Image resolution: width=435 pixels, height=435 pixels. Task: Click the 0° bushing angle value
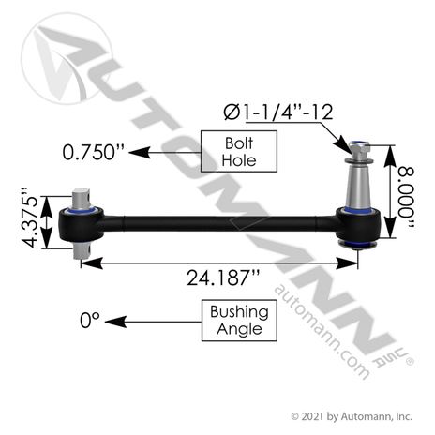pyautogui.click(x=89, y=321)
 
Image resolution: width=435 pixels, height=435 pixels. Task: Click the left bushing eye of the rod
pyautogui.click(x=77, y=226)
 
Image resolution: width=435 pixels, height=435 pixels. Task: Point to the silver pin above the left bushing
pyautogui.click(x=80, y=201)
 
